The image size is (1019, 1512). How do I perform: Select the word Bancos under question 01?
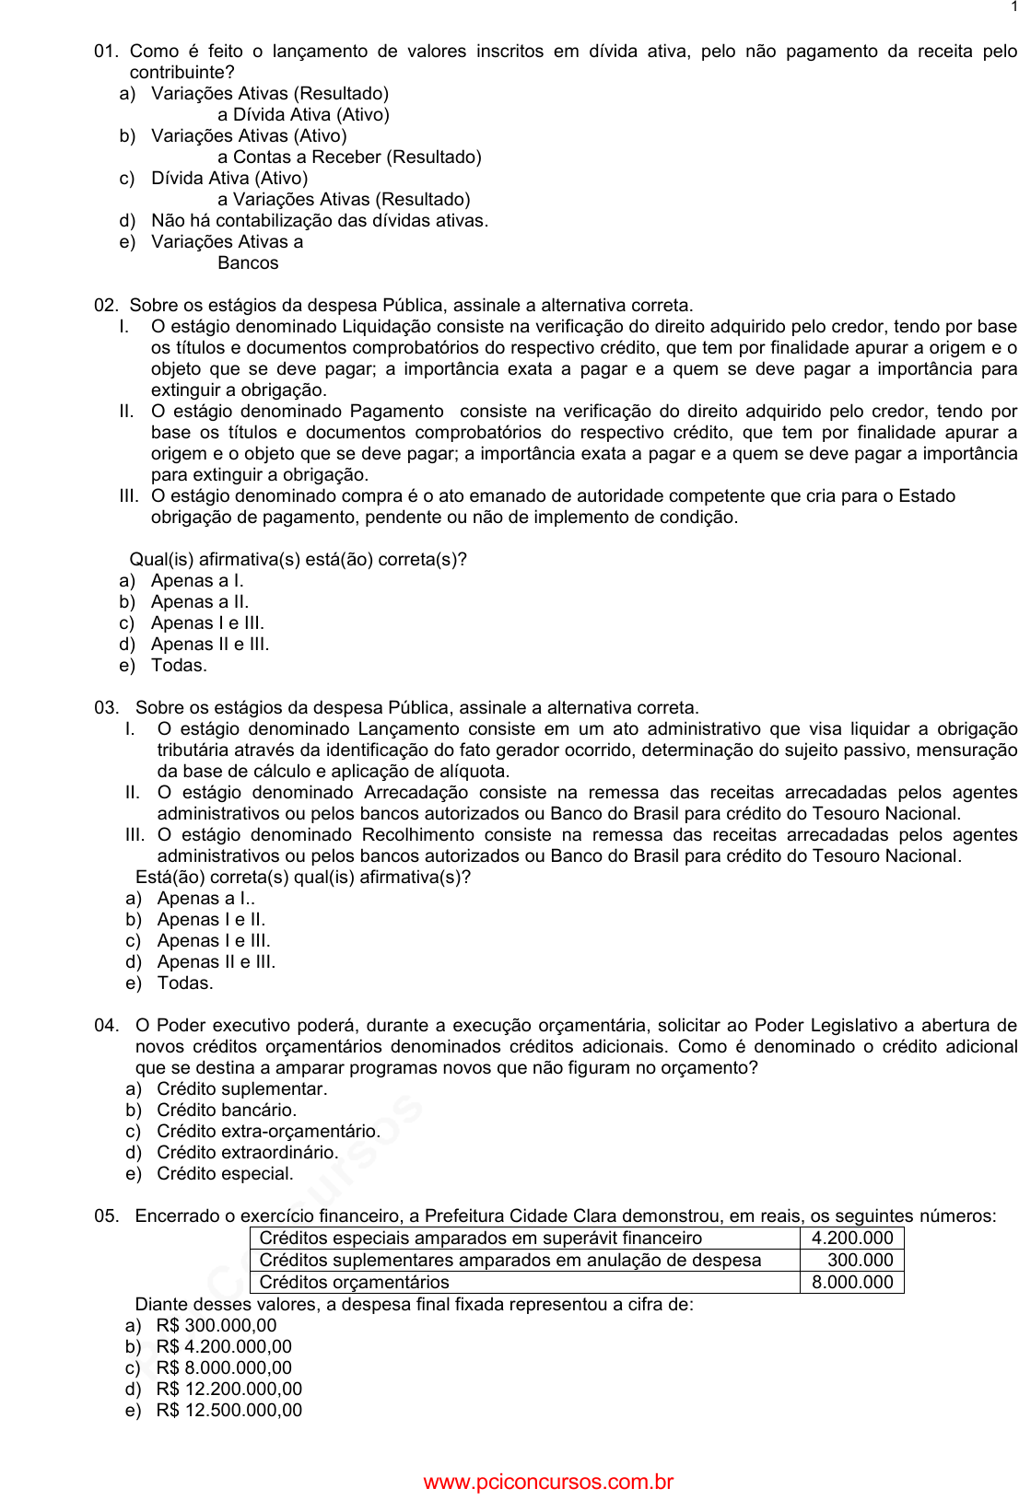[x=248, y=263]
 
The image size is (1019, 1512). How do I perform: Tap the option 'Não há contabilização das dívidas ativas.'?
[x=319, y=221]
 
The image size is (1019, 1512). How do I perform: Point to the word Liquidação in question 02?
[x=387, y=327]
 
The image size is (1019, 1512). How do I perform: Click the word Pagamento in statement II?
[x=396, y=412]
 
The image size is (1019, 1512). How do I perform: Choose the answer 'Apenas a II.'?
[x=199, y=602]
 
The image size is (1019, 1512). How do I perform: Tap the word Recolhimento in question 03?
[x=424, y=835]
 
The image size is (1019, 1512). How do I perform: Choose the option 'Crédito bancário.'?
[x=226, y=1111]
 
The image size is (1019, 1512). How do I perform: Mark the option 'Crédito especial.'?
[x=225, y=1174]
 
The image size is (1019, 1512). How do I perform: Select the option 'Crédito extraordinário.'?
[x=247, y=1153]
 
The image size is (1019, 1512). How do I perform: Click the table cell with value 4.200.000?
[x=851, y=1239]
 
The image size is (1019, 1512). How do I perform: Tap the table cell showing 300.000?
[x=860, y=1261]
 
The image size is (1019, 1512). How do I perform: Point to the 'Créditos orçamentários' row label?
[x=355, y=1283]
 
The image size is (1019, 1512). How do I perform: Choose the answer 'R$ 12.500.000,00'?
[x=228, y=1411]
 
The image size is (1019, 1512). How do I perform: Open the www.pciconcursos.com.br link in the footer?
[x=548, y=1483]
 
